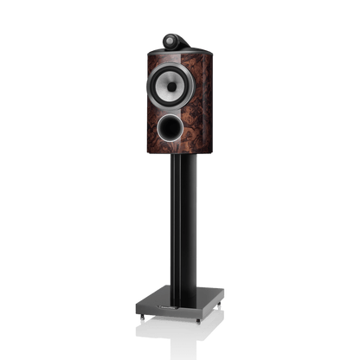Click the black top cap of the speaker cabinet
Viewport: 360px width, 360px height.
pos(179,54)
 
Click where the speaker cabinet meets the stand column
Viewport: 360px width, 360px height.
pos(179,169)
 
